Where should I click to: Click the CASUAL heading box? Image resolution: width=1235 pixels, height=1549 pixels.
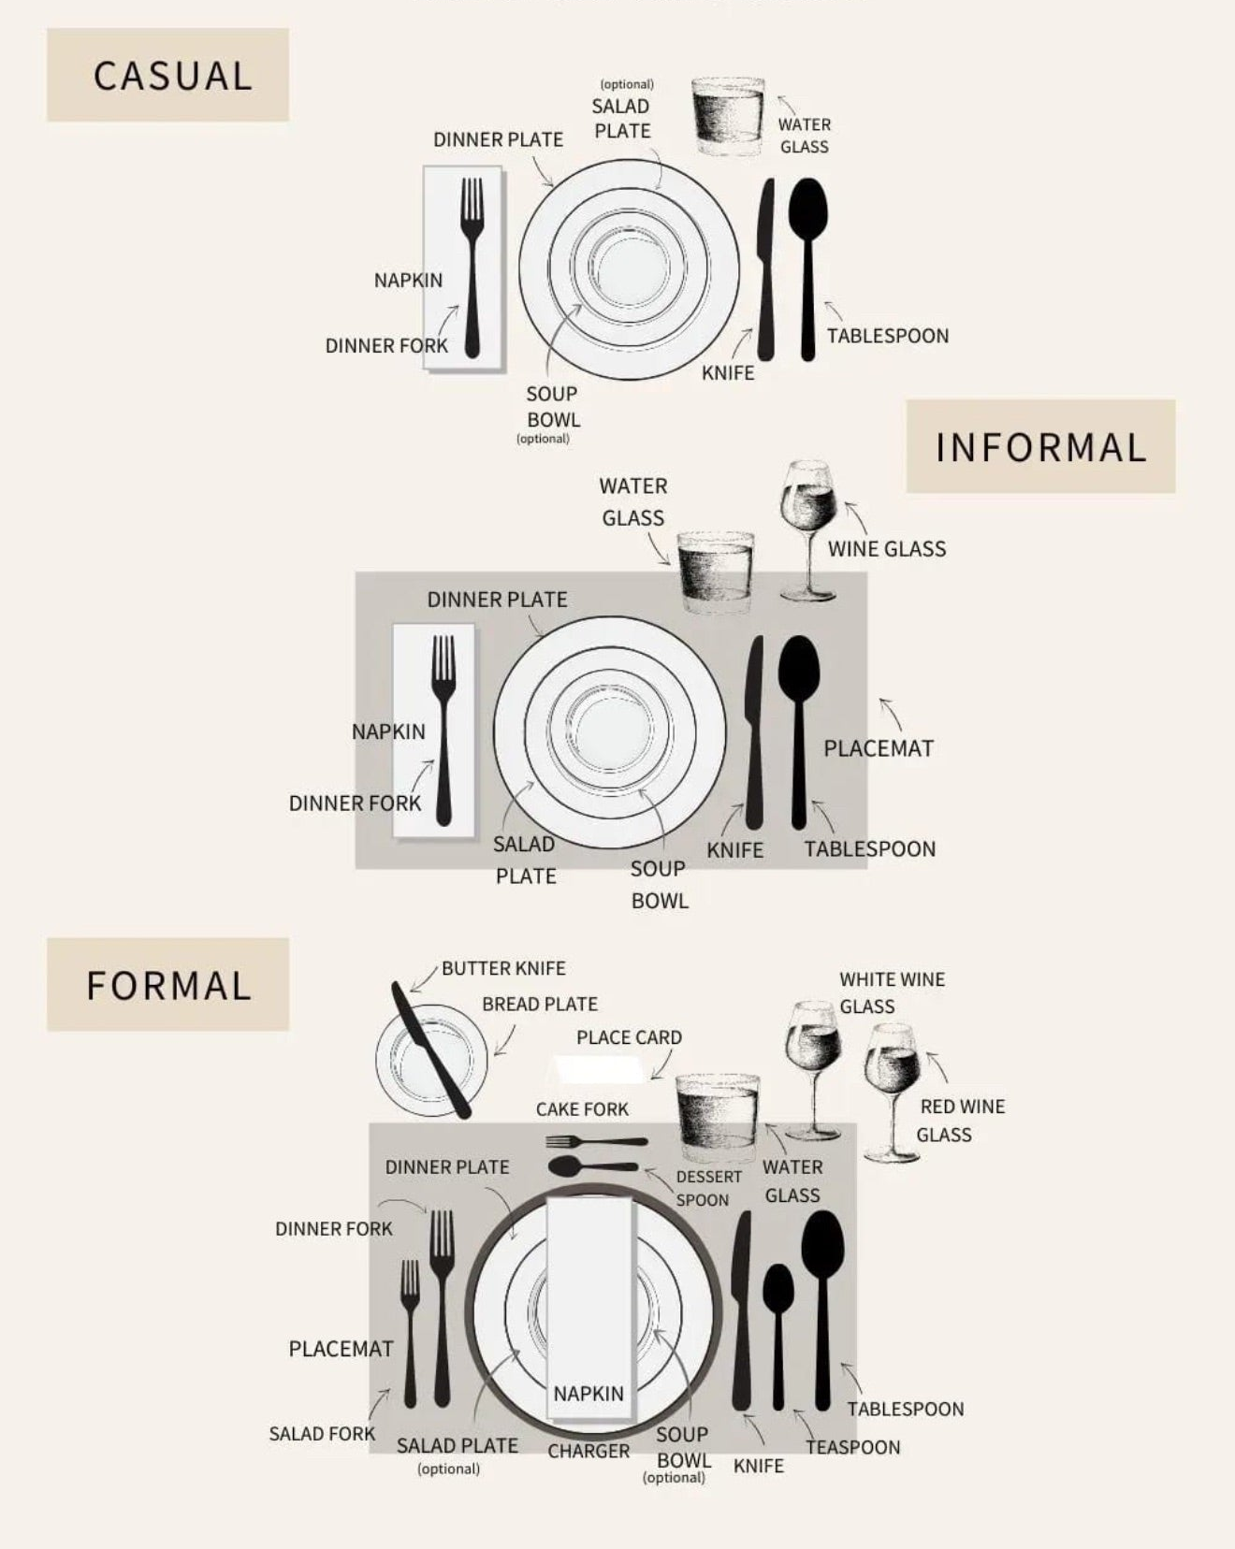167,75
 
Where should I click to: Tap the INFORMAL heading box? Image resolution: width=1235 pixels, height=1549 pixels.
1040,446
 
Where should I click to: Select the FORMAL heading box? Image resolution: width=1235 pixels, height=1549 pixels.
167,985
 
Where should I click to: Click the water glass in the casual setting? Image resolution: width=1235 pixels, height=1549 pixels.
728,117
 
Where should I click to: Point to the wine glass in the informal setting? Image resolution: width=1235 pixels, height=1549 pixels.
808,529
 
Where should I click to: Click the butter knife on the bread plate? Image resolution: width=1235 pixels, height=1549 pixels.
430,1050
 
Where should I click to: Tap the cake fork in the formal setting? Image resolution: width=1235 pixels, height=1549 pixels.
596,1142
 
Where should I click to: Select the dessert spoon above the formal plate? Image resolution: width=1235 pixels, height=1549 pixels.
593,1166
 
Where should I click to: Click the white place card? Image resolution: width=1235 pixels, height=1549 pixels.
599,1069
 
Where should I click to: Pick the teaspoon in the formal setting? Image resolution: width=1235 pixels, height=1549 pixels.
778,1336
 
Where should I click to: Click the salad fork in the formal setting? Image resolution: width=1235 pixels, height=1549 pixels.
410,1333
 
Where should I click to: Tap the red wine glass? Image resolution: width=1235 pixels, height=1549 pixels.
893,1093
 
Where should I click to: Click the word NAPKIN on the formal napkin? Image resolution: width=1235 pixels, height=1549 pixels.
588,1394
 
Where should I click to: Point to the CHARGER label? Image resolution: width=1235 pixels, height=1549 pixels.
588,1451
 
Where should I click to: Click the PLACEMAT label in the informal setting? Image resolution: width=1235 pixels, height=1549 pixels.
879,748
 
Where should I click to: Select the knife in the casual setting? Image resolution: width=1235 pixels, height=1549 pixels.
766,269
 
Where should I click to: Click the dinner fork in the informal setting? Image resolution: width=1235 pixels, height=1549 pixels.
443,730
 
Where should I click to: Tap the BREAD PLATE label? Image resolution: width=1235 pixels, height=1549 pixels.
540,1004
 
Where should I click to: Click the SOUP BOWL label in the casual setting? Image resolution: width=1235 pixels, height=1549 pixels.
552,407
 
